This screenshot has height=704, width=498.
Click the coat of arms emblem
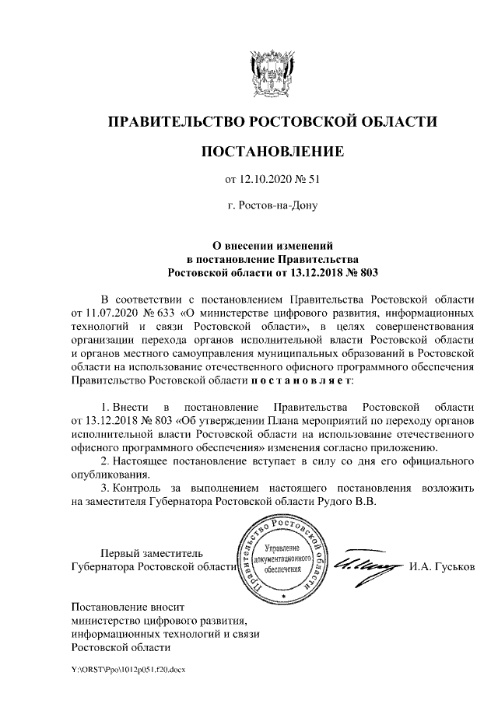pyautogui.click(x=272, y=72)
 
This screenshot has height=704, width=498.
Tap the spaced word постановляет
pyautogui.click(x=301, y=381)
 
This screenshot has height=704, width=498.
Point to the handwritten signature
pyautogui.click(x=366, y=566)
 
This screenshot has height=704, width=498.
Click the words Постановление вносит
pyautogui.click(x=129, y=605)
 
